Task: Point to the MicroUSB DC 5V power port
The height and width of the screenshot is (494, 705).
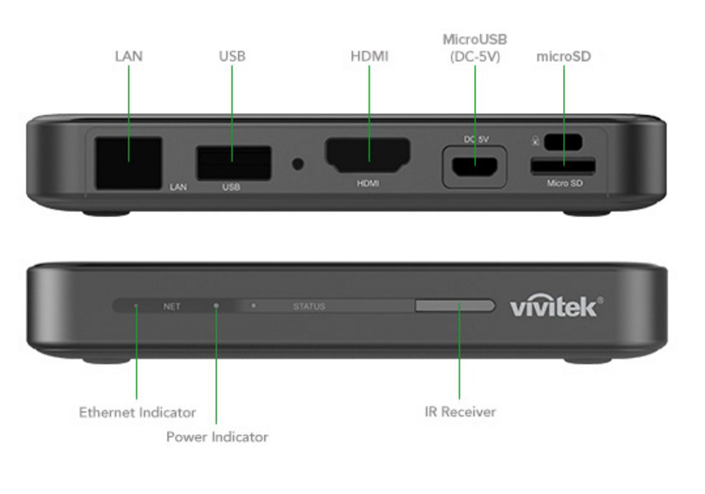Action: click(x=474, y=164)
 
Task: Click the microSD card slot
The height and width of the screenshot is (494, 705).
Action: click(x=564, y=165)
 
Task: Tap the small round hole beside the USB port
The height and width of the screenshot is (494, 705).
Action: click(x=299, y=163)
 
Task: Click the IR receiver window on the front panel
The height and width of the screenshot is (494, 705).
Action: click(x=455, y=306)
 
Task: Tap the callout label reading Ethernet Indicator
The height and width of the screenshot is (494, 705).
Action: click(x=138, y=412)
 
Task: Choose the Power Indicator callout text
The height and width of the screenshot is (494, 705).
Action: click(x=217, y=436)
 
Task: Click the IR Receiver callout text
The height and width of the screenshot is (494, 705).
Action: click(x=460, y=412)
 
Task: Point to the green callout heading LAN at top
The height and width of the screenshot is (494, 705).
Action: click(x=129, y=57)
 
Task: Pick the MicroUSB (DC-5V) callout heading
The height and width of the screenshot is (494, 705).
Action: click(x=475, y=48)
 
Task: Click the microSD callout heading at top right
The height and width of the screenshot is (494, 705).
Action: click(x=563, y=57)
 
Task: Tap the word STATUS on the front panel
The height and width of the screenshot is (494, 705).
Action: click(x=309, y=307)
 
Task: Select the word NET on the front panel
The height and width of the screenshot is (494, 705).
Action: click(x=172, y=307)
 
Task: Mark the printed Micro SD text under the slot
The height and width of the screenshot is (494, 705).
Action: click(x=564, y=184)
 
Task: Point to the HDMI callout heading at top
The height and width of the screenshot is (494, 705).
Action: click(x=369, y=57)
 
